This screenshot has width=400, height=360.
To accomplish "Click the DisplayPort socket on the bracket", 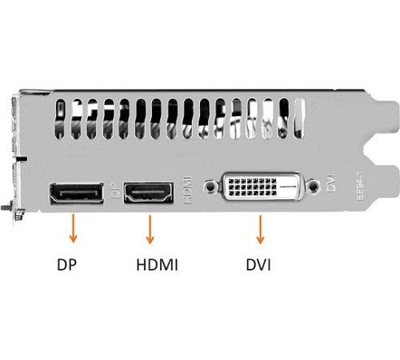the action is point(76,194).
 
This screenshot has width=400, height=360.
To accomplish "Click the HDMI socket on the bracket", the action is point(148,193).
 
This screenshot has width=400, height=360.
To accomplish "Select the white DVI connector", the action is point(262,186).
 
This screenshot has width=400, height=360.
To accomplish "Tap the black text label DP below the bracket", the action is point(66,265).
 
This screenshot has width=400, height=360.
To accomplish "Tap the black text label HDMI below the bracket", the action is point(157,265).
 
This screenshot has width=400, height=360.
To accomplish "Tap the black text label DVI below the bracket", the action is point(258,265).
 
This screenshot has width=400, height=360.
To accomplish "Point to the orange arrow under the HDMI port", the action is point(150,230).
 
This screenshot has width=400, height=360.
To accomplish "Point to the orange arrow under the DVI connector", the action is point(260,230).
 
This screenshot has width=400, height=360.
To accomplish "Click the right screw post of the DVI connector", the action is point(313,186).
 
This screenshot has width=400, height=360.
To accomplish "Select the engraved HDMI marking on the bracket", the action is point(188,190).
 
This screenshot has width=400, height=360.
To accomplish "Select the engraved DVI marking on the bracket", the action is point(330,182).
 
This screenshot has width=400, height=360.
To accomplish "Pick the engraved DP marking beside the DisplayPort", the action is point(115,190).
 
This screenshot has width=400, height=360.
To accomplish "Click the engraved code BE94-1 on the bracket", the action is point(360,186).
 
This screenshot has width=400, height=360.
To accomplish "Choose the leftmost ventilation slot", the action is point(60,119).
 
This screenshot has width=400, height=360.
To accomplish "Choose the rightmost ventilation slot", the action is point(299,119).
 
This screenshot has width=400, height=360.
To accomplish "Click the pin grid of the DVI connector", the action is point(252,187).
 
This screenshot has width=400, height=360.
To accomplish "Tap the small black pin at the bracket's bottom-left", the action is point(5,207).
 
